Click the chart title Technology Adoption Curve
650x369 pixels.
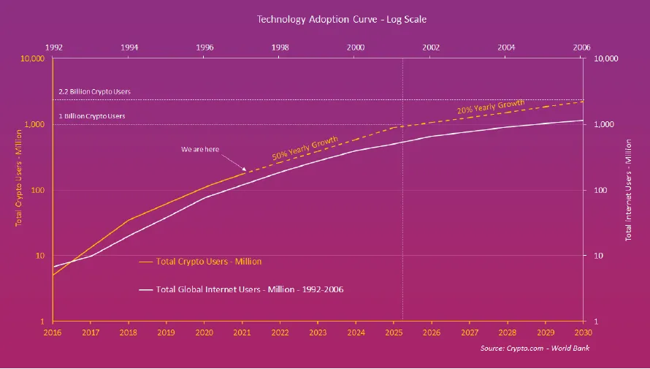click(324, 19)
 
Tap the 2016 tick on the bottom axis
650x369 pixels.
click(53, 332)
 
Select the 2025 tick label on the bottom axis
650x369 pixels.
click(394, 332)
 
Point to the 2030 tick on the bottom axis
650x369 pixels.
click(582, 332)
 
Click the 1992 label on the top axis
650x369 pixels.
click(53, 47)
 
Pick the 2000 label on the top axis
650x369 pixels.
click(356, 47)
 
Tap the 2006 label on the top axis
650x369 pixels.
click(581, 47)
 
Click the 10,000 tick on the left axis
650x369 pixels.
click(34, 59)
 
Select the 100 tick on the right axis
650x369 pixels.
click(600, 190)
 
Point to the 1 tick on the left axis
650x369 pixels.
click(44, 322)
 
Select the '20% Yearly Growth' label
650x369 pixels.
click(490, 107)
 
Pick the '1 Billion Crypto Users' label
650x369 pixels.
click(92, 116)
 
